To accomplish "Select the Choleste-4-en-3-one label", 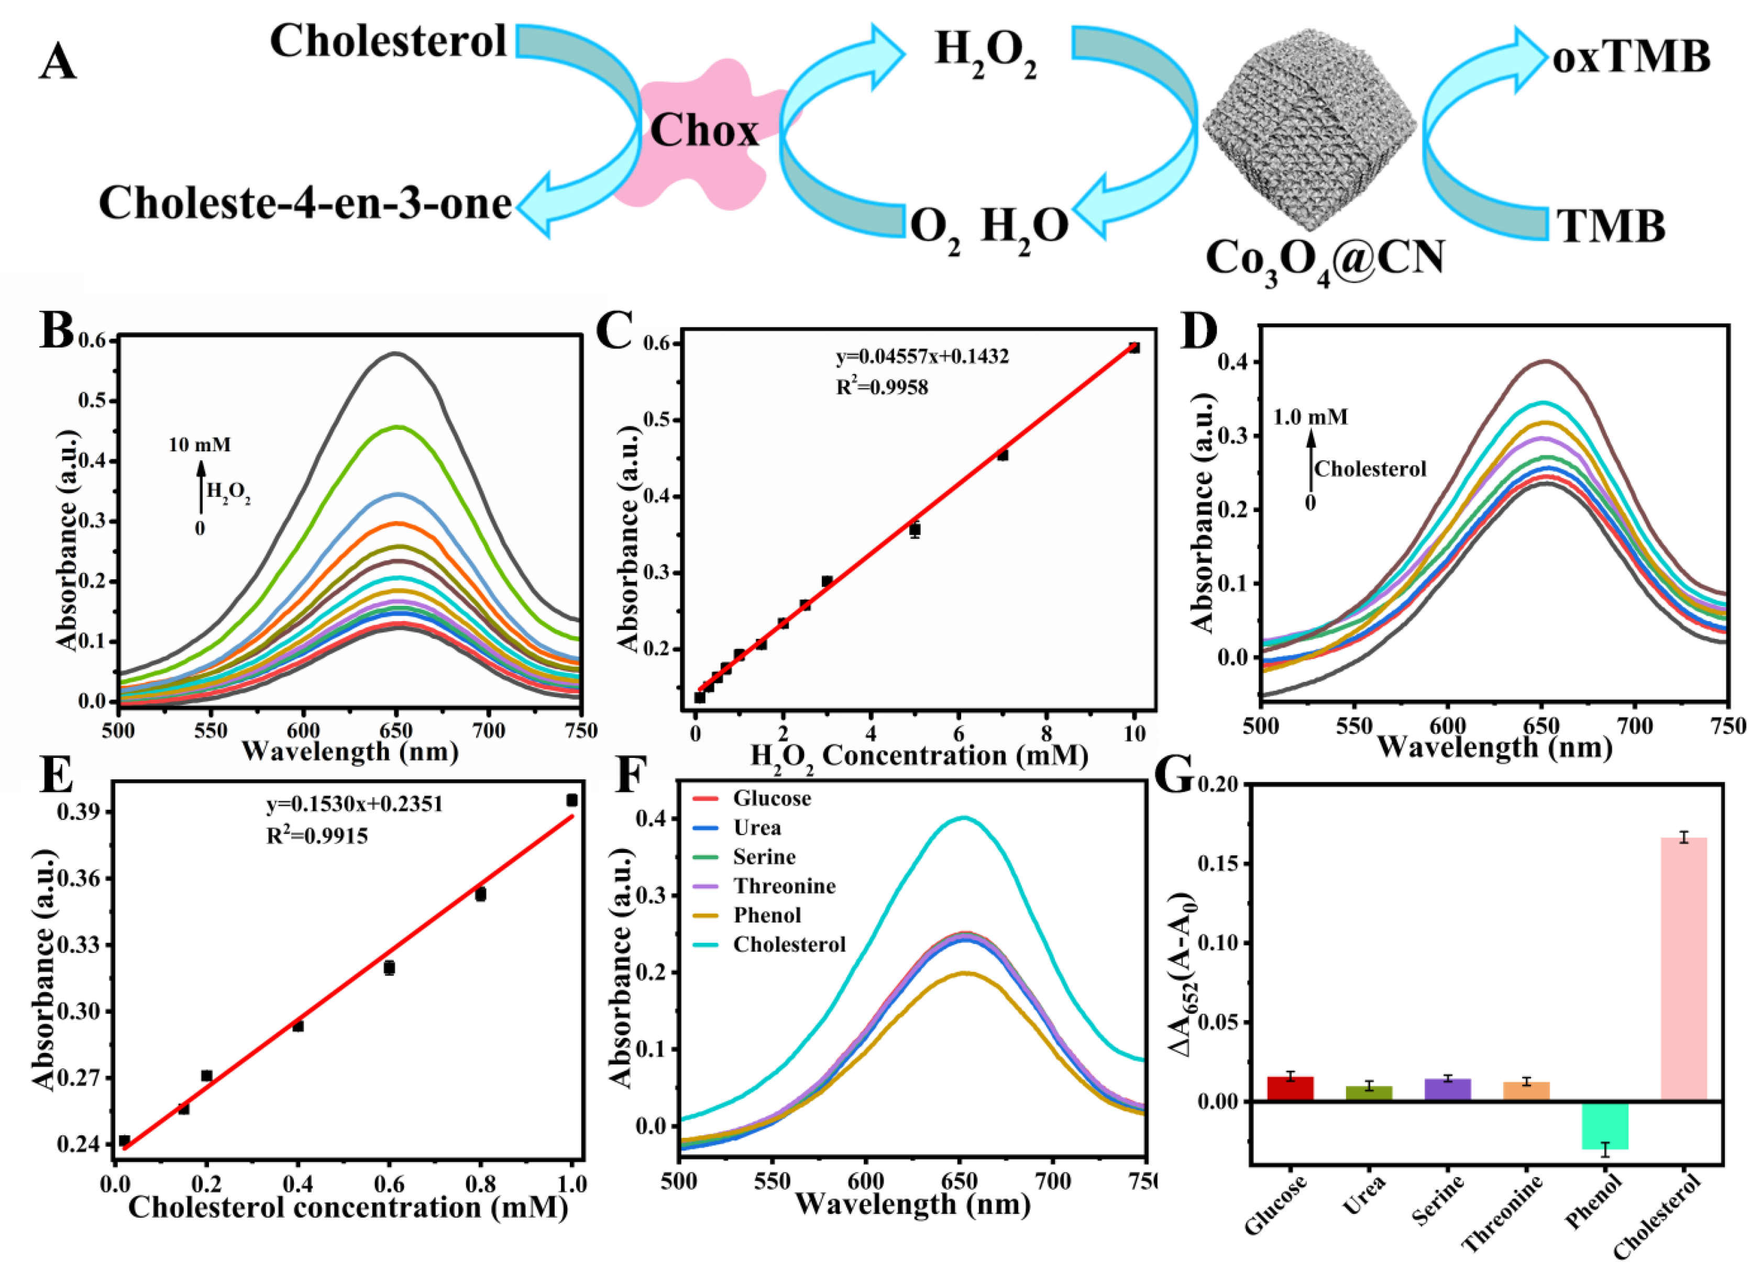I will point(305,204).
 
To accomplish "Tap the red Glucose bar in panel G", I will point(1290,1088).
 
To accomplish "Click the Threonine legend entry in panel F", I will point(783,886).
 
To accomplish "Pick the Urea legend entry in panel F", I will point(757,828).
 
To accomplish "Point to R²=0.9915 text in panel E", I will point(317,837).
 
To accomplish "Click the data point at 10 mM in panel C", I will point(1135,348).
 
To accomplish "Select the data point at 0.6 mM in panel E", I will point(389,968).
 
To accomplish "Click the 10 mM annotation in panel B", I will point(200,444).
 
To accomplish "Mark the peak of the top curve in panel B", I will point(396,354).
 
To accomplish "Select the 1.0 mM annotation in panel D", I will point(1310,417).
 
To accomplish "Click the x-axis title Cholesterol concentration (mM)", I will point(348,1207).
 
